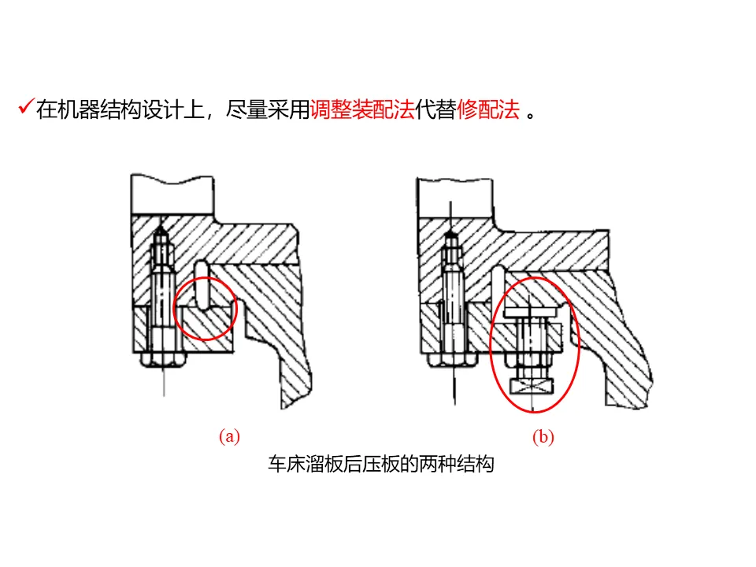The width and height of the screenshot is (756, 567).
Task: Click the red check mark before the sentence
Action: point(26,106)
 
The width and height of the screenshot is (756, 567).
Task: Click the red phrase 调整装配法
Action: point(362,110)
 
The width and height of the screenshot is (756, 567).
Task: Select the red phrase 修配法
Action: point(488,110)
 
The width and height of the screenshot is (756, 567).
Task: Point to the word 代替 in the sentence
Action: point(435,110)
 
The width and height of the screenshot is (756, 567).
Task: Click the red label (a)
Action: point(229,436)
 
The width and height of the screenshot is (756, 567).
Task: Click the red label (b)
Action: point(543,437)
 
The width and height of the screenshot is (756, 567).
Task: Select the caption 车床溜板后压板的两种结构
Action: point(381,464)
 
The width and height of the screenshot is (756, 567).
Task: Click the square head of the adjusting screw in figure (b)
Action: point(532,386)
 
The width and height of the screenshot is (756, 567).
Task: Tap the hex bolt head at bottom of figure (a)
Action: point(164,360)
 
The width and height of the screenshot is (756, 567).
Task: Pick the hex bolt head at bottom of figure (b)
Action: point(452,359)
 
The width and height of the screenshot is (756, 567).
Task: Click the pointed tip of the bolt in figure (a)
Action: point(161,228)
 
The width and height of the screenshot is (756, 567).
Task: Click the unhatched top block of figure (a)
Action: point(172,195)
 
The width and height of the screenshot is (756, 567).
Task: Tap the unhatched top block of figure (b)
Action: point(456,198)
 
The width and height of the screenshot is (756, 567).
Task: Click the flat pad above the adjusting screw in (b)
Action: point(530,312)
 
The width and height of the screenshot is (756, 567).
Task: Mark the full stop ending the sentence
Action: point(532,117)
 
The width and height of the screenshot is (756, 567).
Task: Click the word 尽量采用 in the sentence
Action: point(268,110)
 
